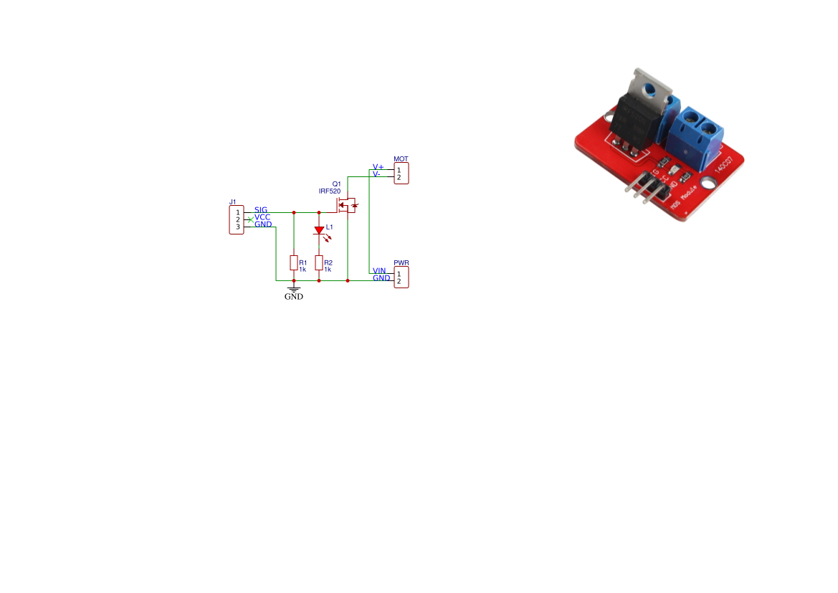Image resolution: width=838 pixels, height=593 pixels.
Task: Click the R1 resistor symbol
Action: pos(294,262)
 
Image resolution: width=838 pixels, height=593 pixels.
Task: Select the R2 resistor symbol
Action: pos(319,262)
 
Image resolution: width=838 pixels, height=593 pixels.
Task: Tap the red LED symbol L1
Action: pos(319,231)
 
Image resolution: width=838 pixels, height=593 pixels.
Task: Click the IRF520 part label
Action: pos(330,191)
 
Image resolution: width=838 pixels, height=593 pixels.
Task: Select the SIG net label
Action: pos(261,209)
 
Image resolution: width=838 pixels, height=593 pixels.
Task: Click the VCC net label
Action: pos(262,217)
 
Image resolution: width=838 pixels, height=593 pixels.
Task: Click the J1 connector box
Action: pos(237,219)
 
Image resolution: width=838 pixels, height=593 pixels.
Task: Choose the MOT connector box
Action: pos(401,174)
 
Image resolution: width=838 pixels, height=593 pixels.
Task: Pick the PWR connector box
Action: pos(401,277)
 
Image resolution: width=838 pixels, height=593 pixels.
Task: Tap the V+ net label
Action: pos(378,166)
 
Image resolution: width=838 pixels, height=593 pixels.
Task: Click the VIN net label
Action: pos(379,270)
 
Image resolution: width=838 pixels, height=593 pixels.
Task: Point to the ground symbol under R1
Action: pos(294,289)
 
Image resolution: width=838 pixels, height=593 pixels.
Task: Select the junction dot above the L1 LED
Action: pos(319,212)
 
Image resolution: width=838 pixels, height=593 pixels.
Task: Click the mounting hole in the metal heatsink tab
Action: pos(651,90)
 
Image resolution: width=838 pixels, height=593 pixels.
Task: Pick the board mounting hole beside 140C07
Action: pos(711,184)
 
